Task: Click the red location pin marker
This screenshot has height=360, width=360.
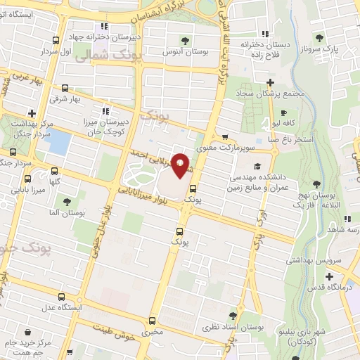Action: click(180, 166)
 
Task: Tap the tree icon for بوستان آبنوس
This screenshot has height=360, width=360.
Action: click(186, 40)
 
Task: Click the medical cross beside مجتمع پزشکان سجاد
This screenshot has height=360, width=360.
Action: click(271, 83)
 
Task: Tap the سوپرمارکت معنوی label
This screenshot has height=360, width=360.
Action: click(226, 148)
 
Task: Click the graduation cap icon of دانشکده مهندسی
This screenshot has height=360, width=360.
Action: click(257, 166)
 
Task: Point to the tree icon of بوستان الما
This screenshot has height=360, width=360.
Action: click(67, 202)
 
